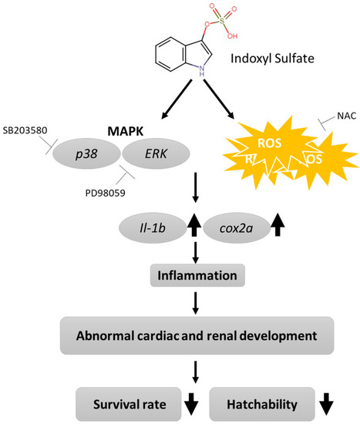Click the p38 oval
click(x=86, y=154)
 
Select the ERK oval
click(x=156, y=154)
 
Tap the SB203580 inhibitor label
click(x=25, y=130)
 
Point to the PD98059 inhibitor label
click(x=105, y=193)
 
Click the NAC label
click(x=346, y=116)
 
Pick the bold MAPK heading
click(x=126, y=131)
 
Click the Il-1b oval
click(x=153, y=228)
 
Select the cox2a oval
click(x=237, y=228)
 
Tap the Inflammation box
click(x=197, y=275)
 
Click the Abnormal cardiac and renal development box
click(x=197, y=335)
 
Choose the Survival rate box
click(x=129, y=404)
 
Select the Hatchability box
click(x=262, y=404)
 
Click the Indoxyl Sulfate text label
click(x=272, y=58)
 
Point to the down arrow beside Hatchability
click(x=326, y=404)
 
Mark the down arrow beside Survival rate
click(x=191, y=404)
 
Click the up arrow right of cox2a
click(x=278, y=224)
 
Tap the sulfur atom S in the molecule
click(x=222, y=21)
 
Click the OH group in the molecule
click(x=232, y=35)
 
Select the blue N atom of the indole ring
click(x=202, y=69)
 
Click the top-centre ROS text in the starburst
click(x=269, y=143)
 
